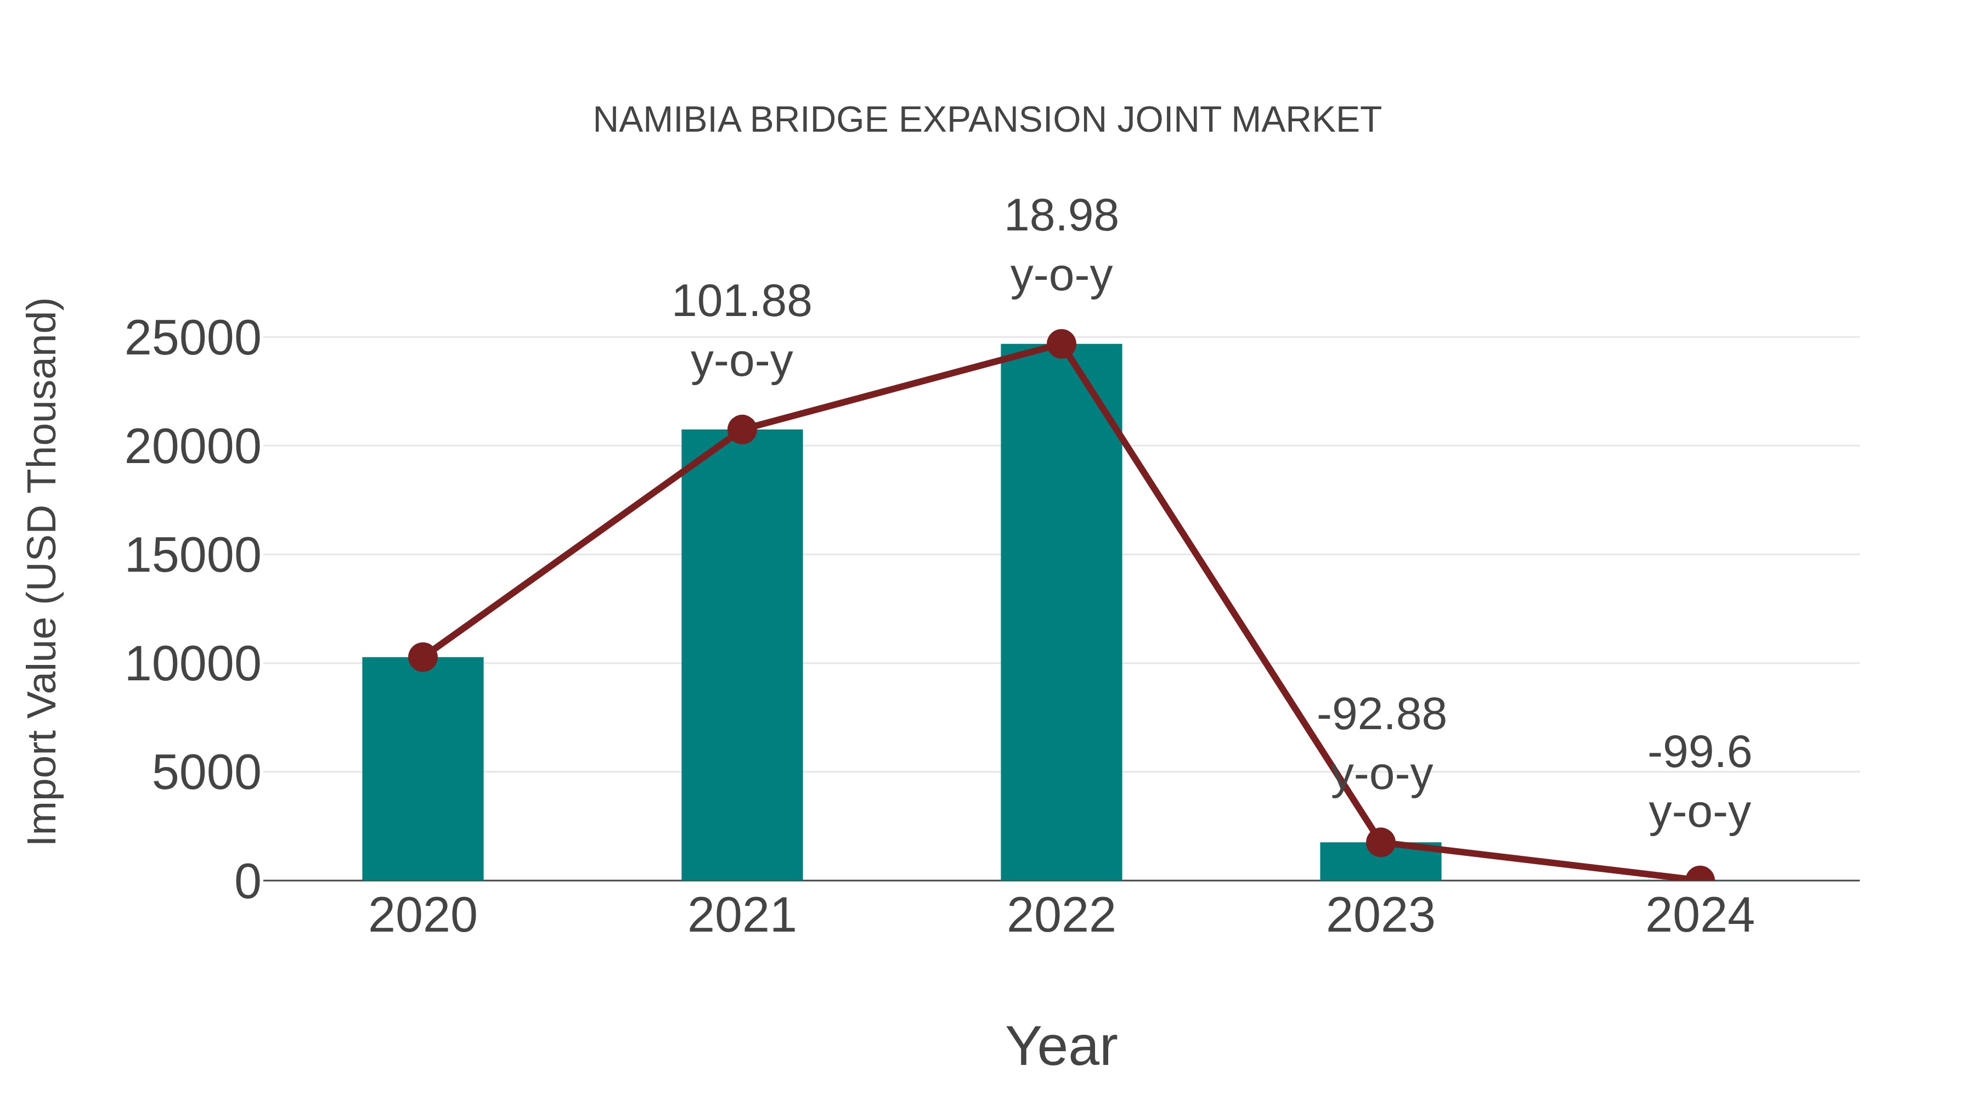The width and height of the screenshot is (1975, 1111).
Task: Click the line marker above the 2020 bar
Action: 422,657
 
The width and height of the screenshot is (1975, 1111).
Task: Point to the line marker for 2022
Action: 1061,344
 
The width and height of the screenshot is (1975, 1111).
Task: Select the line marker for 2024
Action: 1700,879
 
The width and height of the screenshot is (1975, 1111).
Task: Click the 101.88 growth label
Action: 741,301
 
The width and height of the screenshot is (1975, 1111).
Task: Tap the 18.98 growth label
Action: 1061,216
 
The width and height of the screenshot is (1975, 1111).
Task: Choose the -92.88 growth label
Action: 1381,714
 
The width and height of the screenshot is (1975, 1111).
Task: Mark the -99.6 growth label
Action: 1700,752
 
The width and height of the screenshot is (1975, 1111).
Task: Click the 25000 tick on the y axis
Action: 193,338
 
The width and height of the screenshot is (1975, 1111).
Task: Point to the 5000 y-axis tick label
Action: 206,773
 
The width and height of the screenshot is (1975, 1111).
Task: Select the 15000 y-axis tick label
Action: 193,555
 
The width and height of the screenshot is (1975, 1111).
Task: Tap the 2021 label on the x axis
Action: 741,916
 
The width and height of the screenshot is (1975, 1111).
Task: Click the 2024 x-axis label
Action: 1700,916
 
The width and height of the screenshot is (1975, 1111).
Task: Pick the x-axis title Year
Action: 1061,1046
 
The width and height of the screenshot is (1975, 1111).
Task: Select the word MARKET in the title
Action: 1306,120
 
